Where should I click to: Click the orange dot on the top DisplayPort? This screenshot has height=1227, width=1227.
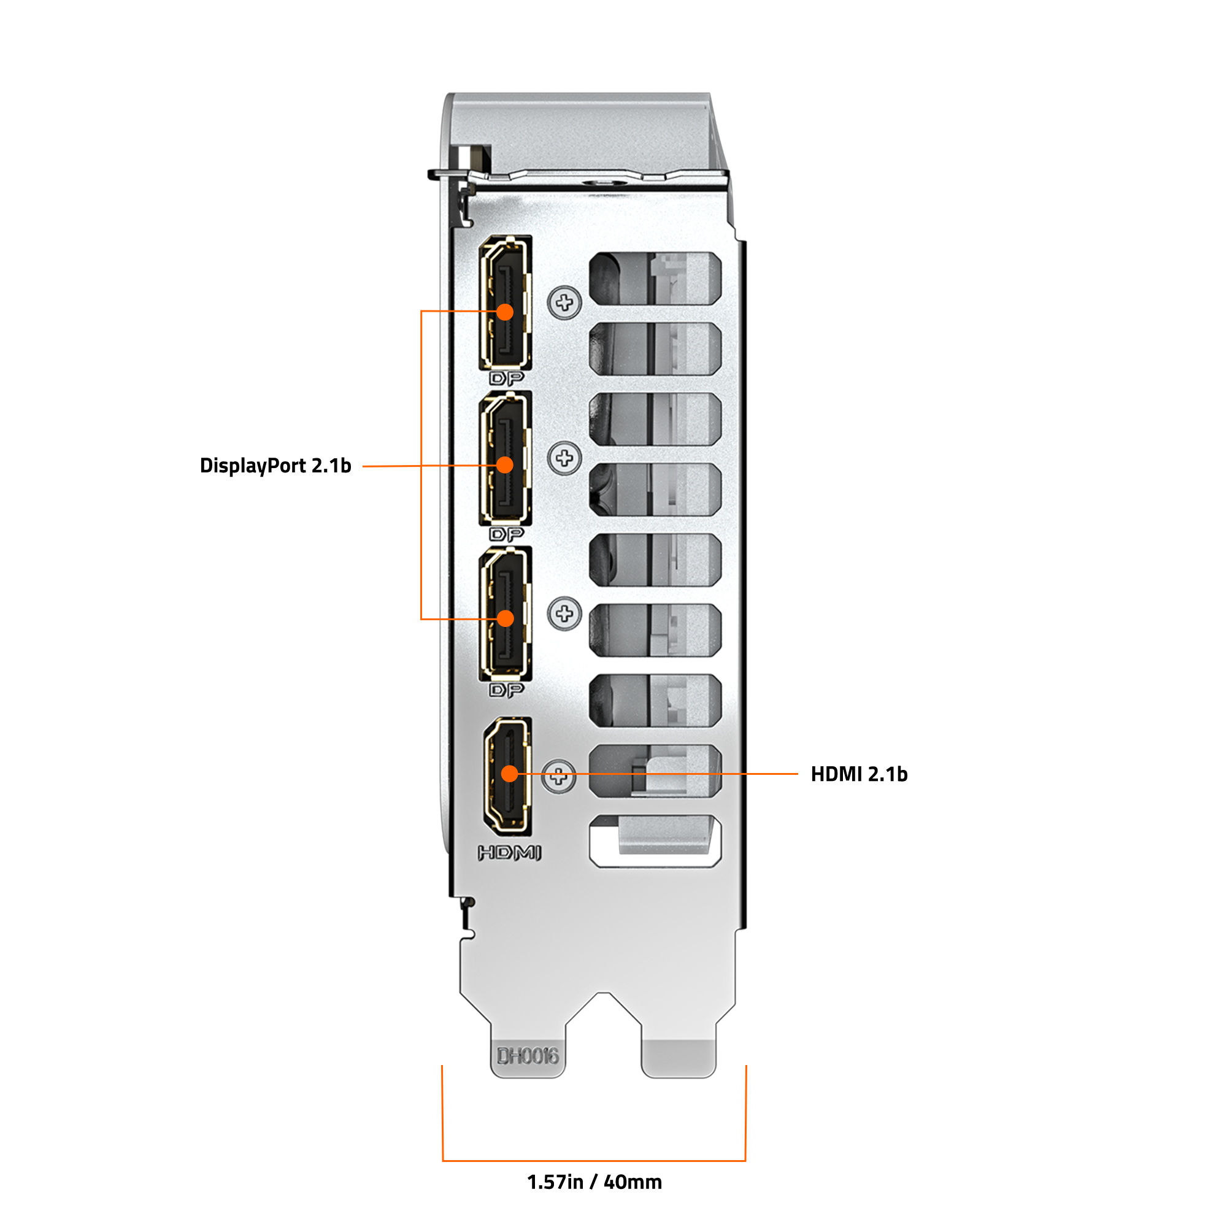505,312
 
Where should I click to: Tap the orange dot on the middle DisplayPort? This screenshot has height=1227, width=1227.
505,466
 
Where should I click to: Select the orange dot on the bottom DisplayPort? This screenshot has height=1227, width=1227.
506,618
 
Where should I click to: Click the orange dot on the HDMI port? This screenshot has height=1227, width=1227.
509,774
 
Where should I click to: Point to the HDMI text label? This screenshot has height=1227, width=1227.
509,853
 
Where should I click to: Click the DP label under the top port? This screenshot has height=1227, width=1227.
507,379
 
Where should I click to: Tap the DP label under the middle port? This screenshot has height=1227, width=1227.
507,535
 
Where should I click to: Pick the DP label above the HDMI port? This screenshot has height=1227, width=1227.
507,690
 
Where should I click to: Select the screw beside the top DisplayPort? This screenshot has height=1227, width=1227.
564,302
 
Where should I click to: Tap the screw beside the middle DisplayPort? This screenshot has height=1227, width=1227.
564,458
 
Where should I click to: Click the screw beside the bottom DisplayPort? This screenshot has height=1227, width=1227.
564,613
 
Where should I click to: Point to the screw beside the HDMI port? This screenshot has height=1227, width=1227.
559,776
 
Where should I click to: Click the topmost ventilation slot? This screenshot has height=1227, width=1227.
655,278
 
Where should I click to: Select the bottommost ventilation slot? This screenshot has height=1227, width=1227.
655,842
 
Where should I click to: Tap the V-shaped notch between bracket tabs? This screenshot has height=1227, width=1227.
603,1010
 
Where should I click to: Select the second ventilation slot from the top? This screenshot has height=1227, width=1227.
655,348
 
